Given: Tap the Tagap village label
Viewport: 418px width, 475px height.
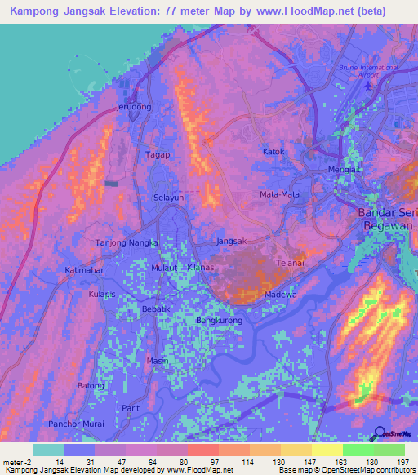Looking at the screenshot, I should coord(158,154).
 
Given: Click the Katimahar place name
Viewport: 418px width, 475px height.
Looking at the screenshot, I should coord(85,269).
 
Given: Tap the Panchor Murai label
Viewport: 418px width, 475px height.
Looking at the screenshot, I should coord(74,424).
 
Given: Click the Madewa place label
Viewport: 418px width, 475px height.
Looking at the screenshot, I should coord(280,295).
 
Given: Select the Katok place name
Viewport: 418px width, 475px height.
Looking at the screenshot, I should coord(273,152).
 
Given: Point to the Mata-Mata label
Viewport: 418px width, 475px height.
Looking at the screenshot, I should coord(278,194).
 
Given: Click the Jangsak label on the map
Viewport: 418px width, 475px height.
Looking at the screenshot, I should coord(231,241).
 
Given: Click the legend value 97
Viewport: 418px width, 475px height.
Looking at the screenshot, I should coord(201,462).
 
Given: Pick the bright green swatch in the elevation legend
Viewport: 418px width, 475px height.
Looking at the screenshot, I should coord(358,450).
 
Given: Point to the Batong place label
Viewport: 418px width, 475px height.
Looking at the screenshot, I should coord(91,385).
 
